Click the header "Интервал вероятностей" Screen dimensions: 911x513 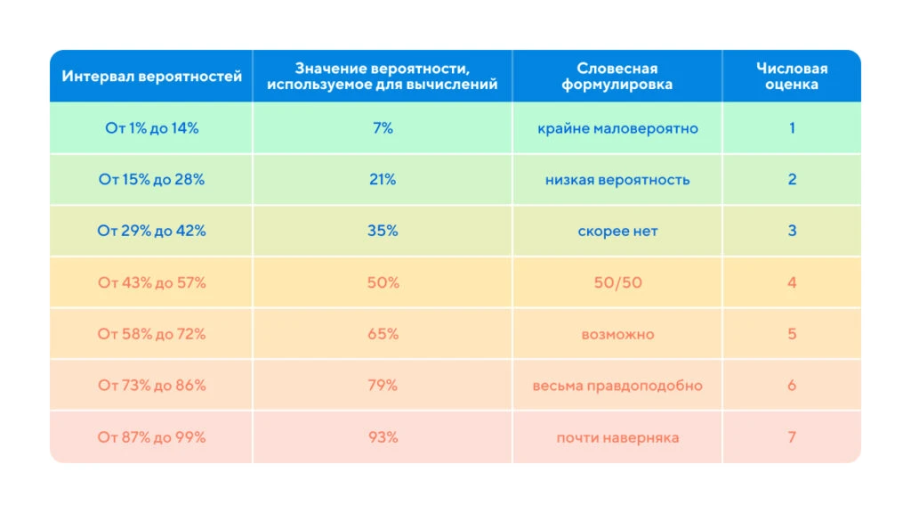pyautogui.click(x=151, y=77)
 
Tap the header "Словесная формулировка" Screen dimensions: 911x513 pyautogui.click(x=617, y=77)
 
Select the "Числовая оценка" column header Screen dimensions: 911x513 pyautogui.click(x=791, y=77)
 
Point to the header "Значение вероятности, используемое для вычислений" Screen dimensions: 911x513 pyautogui.click(x=383, y=77)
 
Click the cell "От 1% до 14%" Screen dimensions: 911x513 pyautogui.click(x=151, y=128)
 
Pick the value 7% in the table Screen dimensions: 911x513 pyautogui.click(x=383, y=128)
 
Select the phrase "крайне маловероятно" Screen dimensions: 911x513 pyautogui.click(x=617, y=128)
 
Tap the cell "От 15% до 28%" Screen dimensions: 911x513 pyautogui.click(x=151, y=179)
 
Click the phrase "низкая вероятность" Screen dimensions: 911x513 pyautogui.click(x=617, y=180)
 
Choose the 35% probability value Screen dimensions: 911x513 pyautogui.click(x=383, y=231)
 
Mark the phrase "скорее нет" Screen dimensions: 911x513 pyautogui.click(x=617, y=231)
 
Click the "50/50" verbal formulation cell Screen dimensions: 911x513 pyautogui.click(x=617, y=282)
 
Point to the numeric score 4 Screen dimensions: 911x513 pyautogui.click(x=792, y=282)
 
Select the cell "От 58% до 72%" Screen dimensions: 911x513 pyautogui.click(x=151, y=334)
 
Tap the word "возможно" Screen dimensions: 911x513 pyautogui.click(x=617, y=335)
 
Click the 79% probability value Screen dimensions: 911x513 pyautogui.click(x=383, y=385)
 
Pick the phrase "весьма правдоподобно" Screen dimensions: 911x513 pyautogui.click(x=617, y=386)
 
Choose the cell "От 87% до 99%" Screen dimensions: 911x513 pyautogui.click(x=151, y=436)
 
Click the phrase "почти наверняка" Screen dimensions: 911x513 pyautogui.click(x=617, y=437)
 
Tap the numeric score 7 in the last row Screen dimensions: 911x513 pyautogui.click(x=792, y=436)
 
